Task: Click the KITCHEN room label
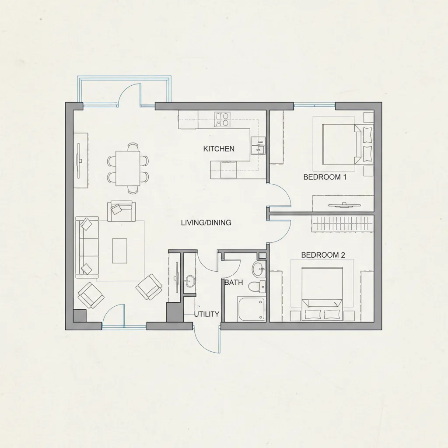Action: coord(219,149)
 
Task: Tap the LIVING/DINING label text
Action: coord(206,223)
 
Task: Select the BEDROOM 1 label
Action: coord(325,177)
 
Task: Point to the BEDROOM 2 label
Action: coord(323,255)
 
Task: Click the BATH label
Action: coord(234,282)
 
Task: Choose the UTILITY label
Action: coord(206,314)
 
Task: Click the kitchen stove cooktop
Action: coord(222,119)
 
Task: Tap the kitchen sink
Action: coord(258,145)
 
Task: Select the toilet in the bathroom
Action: coord(256,287)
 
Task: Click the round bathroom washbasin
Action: coord(259,269)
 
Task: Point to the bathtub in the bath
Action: coord(252,309)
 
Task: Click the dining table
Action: coord(128,168)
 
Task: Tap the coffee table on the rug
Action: coord(120,251)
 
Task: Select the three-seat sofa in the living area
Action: coord(87,248)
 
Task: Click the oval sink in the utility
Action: coord(189,281)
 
